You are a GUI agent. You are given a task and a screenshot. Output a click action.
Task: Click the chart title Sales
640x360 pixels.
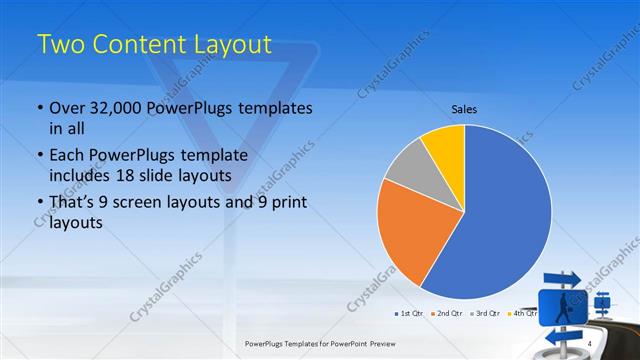coord(463,108)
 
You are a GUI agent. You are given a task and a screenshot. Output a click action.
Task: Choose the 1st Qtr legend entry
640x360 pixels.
coord(408,314)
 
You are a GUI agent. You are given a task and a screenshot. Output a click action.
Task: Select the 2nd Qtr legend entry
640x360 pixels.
coord(446,314)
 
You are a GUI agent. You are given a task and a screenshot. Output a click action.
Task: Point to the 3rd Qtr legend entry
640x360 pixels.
coord(484,314)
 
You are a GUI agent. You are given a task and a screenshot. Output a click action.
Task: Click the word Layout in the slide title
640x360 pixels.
coord(225,44)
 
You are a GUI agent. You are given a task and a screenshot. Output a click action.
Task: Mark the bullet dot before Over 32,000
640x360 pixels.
coord(39,108)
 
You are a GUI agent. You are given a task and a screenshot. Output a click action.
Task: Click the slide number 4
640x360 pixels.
coord(591,344)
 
